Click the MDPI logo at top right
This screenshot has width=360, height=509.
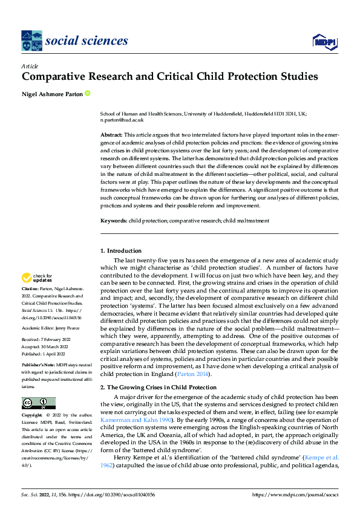[325, 41]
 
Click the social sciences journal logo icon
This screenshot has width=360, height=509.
[31, 41]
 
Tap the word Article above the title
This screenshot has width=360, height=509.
[30, 66]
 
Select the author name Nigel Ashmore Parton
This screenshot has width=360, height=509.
[51, 94]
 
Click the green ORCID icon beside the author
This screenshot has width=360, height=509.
[88, 94]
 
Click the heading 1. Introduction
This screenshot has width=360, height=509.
[121, 251]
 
